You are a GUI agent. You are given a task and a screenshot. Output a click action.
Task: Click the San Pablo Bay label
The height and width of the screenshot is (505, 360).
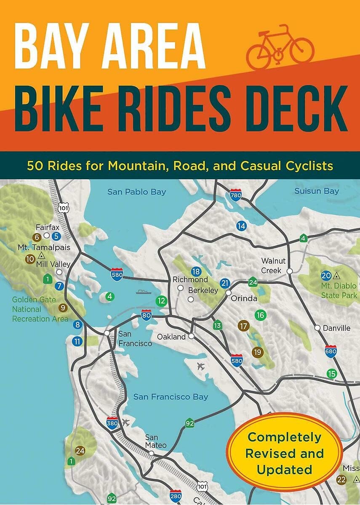coord(136,192)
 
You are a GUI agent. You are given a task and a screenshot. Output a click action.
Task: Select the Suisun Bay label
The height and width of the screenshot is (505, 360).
coord(316,191)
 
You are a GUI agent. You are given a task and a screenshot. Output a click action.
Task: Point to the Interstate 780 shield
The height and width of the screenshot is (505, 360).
coord(235,194)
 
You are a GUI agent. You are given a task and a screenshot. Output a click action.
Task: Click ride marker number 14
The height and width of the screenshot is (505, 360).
coord(241,226)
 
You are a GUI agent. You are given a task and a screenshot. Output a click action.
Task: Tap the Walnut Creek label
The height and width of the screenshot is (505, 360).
coord(273,266)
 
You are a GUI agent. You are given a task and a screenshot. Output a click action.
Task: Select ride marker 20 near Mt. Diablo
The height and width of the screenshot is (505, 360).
coord(326,276)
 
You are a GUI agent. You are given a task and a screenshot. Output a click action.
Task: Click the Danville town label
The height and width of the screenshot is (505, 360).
coord(337,327)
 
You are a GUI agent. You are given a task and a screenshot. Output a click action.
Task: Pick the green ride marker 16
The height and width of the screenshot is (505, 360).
coord(260,315)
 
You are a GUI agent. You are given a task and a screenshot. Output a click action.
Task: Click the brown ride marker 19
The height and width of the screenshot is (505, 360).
coord(258,352)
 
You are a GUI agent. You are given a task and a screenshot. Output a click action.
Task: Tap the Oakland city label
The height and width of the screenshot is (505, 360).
coord(171,337)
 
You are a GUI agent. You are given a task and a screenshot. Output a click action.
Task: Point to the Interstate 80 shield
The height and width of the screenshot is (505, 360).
coord(146,315)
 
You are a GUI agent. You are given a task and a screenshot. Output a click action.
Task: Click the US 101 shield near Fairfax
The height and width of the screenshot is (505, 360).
coord(64,208)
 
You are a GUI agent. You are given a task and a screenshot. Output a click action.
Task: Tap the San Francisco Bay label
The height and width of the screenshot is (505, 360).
coord(171,396)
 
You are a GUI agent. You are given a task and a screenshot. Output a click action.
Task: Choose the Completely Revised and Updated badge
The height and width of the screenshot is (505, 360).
coord(285,453)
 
